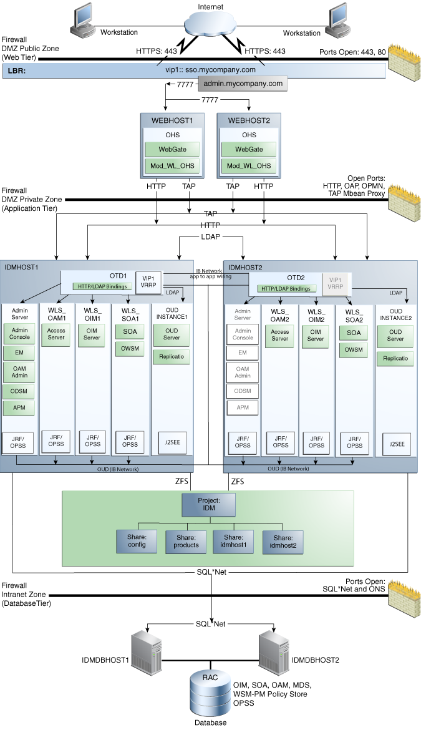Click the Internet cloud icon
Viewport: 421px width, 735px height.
[x=210, y=23]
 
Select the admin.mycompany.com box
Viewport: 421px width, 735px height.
[x=243, y=84]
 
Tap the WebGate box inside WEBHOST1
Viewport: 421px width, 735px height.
[x=172, y=150]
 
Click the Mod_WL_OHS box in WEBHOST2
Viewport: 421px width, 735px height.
[x=249, y=165]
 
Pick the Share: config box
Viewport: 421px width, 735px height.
[x=137, y=541]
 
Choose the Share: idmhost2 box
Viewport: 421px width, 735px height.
[x=283, y=542]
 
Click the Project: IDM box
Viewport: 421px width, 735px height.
[x=208, y=504]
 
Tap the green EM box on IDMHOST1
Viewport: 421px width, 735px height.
[x=19, y=353]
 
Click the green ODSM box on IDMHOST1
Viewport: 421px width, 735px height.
[x=19, y=391]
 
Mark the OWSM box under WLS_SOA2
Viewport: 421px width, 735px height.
[x=354, y=349]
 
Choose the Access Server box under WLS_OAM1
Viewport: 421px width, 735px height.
[x=56, y=334]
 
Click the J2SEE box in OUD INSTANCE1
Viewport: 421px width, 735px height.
[x=172, y=442]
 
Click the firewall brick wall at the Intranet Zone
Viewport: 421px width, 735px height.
[x=403, y=595]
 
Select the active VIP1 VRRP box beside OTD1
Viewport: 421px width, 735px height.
[x=148, y=282]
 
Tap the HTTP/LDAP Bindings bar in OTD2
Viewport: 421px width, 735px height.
[x=286, y=289]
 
